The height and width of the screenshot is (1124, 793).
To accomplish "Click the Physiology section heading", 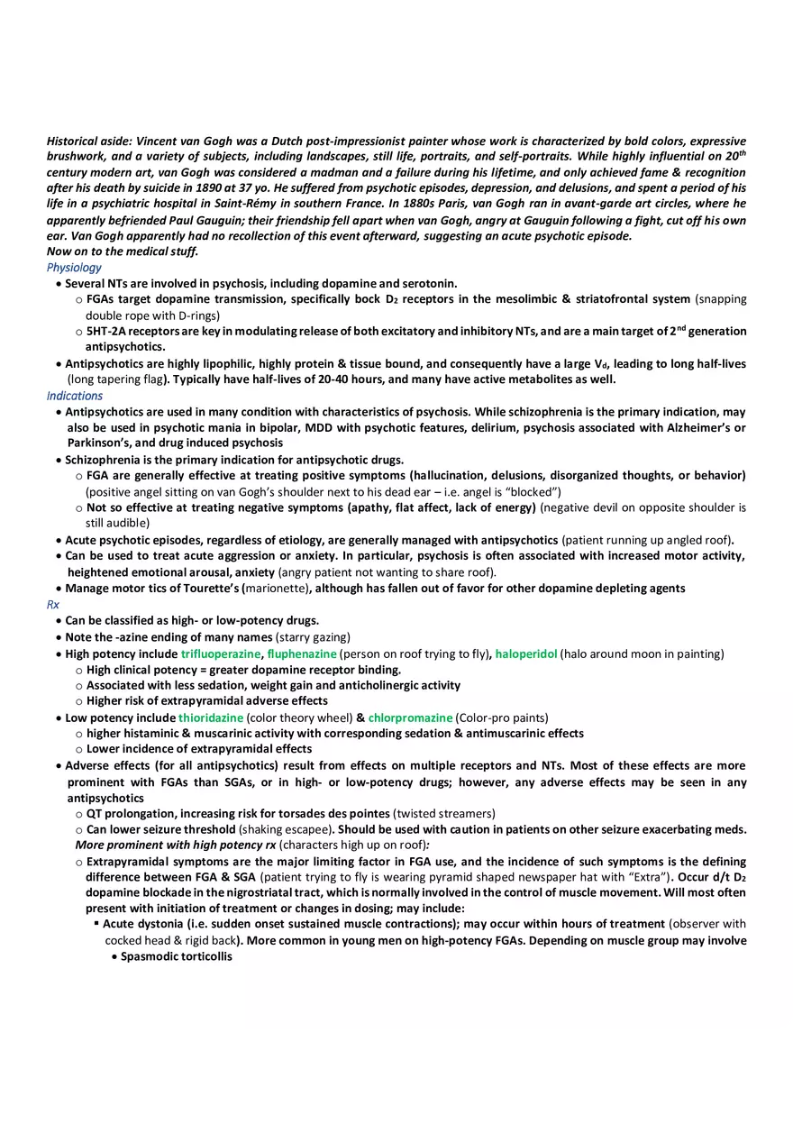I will click(x=74, y=268).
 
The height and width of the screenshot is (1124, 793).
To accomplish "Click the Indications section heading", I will click(x=75, y=396).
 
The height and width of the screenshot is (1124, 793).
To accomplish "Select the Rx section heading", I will click(x=53, y=605).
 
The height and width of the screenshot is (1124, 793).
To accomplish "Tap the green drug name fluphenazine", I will click(x=302, y=653).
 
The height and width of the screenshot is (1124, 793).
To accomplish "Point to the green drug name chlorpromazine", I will click(x=410, y=717).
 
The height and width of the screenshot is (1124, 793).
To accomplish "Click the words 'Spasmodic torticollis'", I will click(x=177, y=956).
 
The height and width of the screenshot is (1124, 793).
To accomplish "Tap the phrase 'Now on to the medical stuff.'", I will click(x=123, y=251).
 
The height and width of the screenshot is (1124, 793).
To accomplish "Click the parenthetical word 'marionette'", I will click(x=278, y=589).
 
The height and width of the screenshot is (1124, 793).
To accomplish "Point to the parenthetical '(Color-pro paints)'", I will click(x=502, y=717).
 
